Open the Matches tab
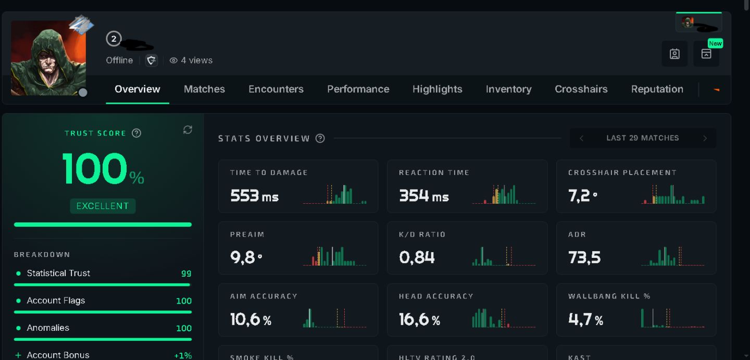pyautogui.click(x=204, y=89)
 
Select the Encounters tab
pyautogui.click(x=276, y=89)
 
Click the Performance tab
pyautogui.click(x=358, y=89)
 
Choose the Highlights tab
pyautogui.click(x=438, y=89)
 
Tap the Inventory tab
pyautogui.click(x=508, y=89)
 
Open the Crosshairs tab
pyautogui.click(x=581, y=89)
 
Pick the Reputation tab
pyautogui.click(x=657, y=89)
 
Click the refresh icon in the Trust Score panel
pyautogui.click(x=187, y=130)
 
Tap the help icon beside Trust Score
pyautogui.click(x=136, y=133)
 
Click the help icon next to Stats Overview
pyautogui.click(x=320, y=138)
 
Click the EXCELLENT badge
pyautogui.click(x=103, y=206)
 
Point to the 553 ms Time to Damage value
pyautogui.click(x=254, y=195)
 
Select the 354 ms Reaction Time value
pyautogui.click(x=423, y=195)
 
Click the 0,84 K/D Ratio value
pyautogui.click(x=417, y=257)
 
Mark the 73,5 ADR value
pyautogui.click(x=584, y=257)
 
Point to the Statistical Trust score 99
pyautogui.click(x=186, y=274)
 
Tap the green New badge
pyautogui.click(x=715, y=43)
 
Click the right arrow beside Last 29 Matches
pyautogui.click(x=705, y=138)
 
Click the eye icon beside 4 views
pyautogui.click(x=173, y=60)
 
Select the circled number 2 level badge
pyautogui.click(x=114, y=39)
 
